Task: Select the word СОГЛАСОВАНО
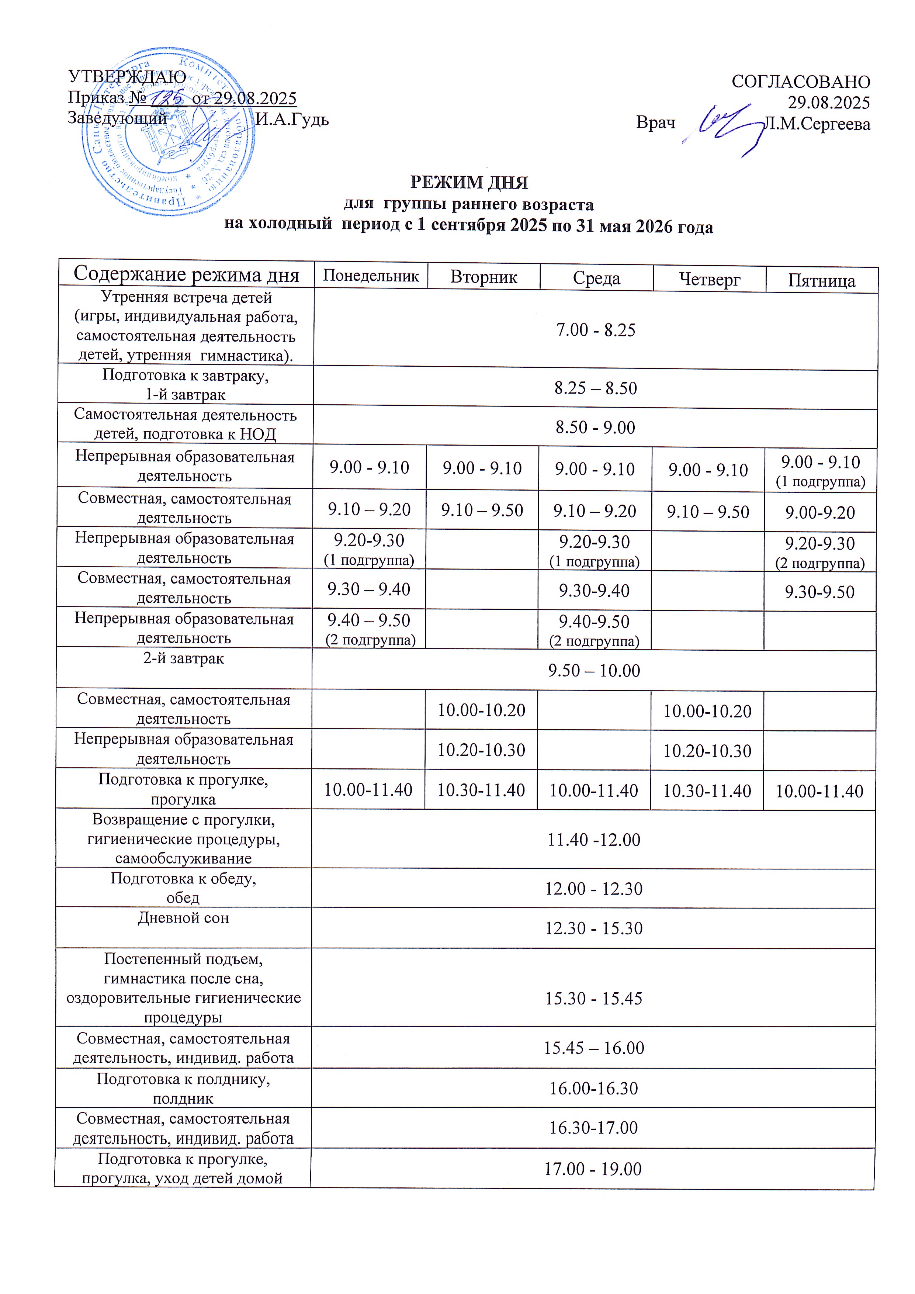[x=801, y=82]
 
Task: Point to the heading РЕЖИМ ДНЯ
[x=469, y=183]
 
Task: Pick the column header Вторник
[x=484, y=277]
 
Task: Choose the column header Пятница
[x=821, y=280]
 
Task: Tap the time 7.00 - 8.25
[x=596, y=330]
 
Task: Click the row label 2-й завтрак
[x=184, y=658]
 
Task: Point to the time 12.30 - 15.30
[x=593, y=928]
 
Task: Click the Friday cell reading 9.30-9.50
[x=820, y=592]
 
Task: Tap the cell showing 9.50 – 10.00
[x=594, y=671]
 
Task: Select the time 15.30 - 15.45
[x=593, y=999]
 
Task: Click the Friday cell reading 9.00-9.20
[x=820, y=513]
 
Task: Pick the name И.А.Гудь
[x=292, y=120]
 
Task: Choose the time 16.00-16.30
[x=593, y=1088]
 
